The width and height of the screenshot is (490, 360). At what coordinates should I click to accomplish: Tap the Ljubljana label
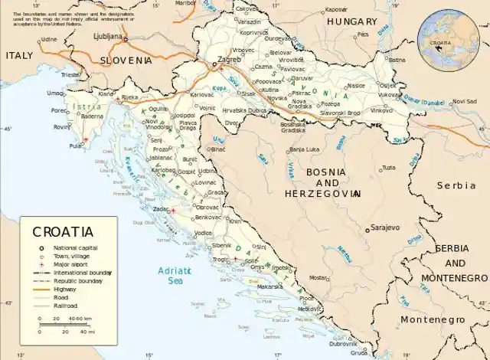(109, 35)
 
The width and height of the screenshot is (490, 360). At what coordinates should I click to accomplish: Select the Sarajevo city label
(385, 227)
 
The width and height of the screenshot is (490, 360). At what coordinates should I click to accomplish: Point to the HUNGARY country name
(351, 22)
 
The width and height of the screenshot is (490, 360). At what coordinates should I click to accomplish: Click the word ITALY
(19, 56)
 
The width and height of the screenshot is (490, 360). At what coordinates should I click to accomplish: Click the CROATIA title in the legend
(63, 231)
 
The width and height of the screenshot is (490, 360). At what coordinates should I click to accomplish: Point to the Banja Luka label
(304, 149)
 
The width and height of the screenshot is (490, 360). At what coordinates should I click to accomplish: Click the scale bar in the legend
(65, 324)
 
